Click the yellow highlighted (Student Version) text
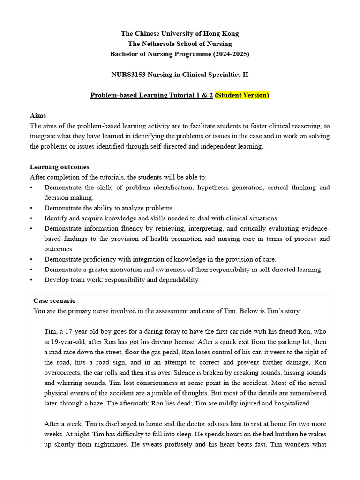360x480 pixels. pyautogui.click(x=242, y=95)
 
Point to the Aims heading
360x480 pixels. pyautogui.click(x=38, y=115)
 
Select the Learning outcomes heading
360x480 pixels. pyautogui.click(x=60, y=167)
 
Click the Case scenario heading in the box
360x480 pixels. pyautogui.click(x=54, y=300)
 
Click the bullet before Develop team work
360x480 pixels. pyautogui.click(x=31, y=280)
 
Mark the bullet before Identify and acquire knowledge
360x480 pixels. pyautogui.click(x=31, y=218)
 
